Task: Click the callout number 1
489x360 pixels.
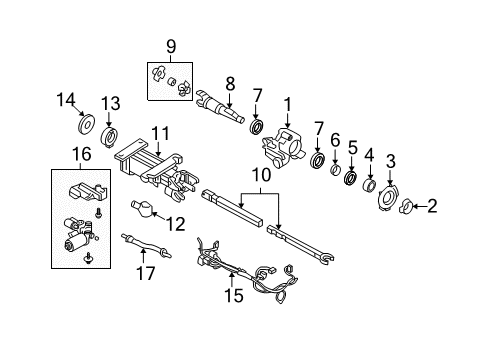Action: tap(287, 103)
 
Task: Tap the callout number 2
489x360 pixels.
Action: tap(432, 207)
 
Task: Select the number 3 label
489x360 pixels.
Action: tap(391, 160)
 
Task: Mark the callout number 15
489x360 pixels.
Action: tap(236, 295)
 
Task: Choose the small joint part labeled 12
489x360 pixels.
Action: tap(145, 212)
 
